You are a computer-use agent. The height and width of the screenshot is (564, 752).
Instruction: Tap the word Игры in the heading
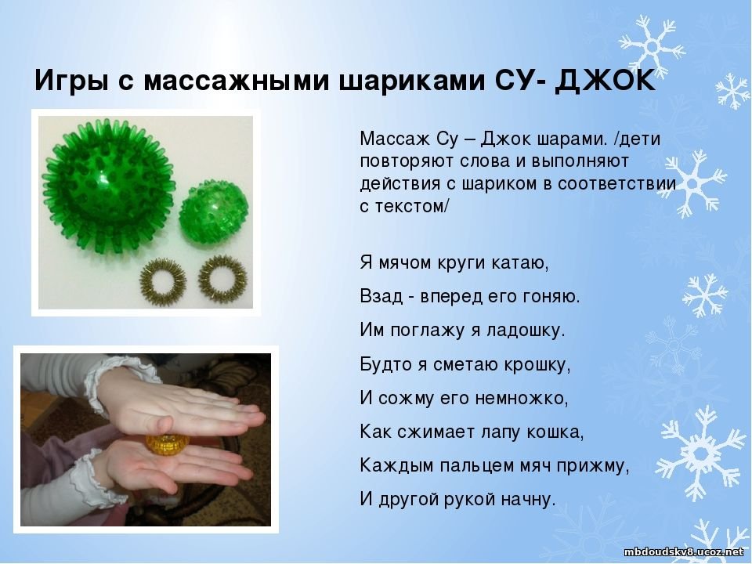point(71,81)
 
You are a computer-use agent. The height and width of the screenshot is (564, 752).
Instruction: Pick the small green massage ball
point(214,213)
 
